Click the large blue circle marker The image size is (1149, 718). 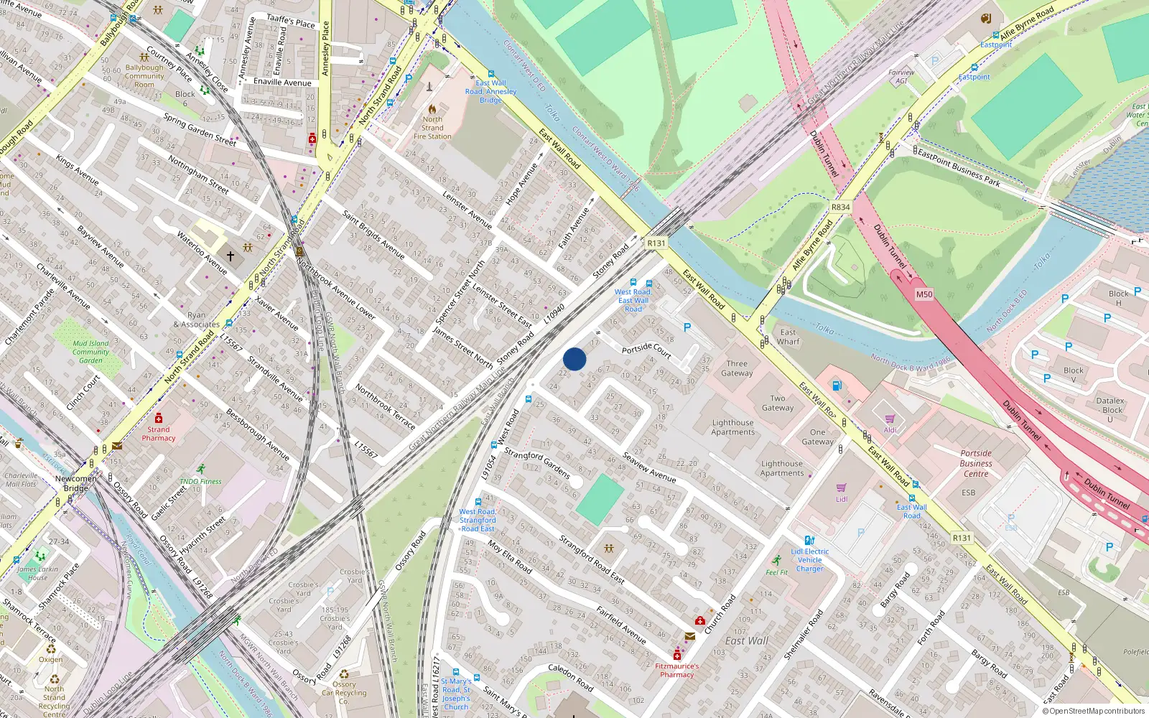[574, 359]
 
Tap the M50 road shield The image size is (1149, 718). [924, 294]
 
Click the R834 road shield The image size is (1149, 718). [840, 207]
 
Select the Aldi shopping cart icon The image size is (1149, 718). [890, 419]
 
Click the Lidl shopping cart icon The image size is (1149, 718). [841, 488]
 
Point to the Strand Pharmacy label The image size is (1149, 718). [159, 434]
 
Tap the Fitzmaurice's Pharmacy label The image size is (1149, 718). [676, 670]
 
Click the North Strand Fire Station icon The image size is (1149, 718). [432, 109]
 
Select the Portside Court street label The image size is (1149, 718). [646, 350]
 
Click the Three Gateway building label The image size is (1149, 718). [737, 368]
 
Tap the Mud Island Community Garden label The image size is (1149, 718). [90, 352]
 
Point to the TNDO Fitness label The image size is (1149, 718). [201, 481]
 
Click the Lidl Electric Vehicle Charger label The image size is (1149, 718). [809, 560]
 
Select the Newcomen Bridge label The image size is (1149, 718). [75, 483]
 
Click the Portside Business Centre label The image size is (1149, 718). [976, 463]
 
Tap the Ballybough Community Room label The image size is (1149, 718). [144, 76]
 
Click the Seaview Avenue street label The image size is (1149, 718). [649, 467]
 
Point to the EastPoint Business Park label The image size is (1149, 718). [959, 168]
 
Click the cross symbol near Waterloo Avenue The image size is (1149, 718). [231, 256]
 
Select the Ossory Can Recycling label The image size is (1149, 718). [343, 693]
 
